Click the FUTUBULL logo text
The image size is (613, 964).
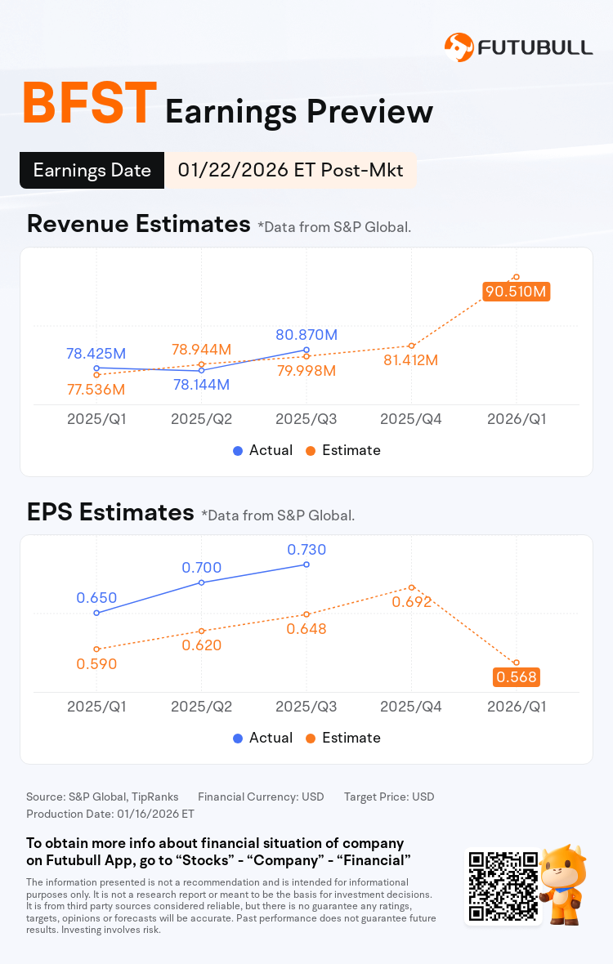click(535, 47)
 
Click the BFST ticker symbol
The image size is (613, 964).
click(88, 105)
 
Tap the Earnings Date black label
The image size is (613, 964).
click(92, 171)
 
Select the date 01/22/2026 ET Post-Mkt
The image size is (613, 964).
click(290, 171)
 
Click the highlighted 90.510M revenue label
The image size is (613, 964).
click(516, 292)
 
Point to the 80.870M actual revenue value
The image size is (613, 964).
click(306, 334)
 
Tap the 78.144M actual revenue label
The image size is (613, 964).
click(200, 384)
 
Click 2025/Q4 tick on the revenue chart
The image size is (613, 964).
click(411, 419)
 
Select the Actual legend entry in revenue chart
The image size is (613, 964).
click(262, 450)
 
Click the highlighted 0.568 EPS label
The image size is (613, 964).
click(516, 677)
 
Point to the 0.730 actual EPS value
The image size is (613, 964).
click(306, 550)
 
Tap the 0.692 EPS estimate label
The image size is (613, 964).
click(411, 602)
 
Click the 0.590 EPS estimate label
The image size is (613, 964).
click(96, 664)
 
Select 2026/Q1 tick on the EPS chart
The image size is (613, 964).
click(516, 707)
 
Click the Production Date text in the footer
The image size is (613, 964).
click(110, 814)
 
